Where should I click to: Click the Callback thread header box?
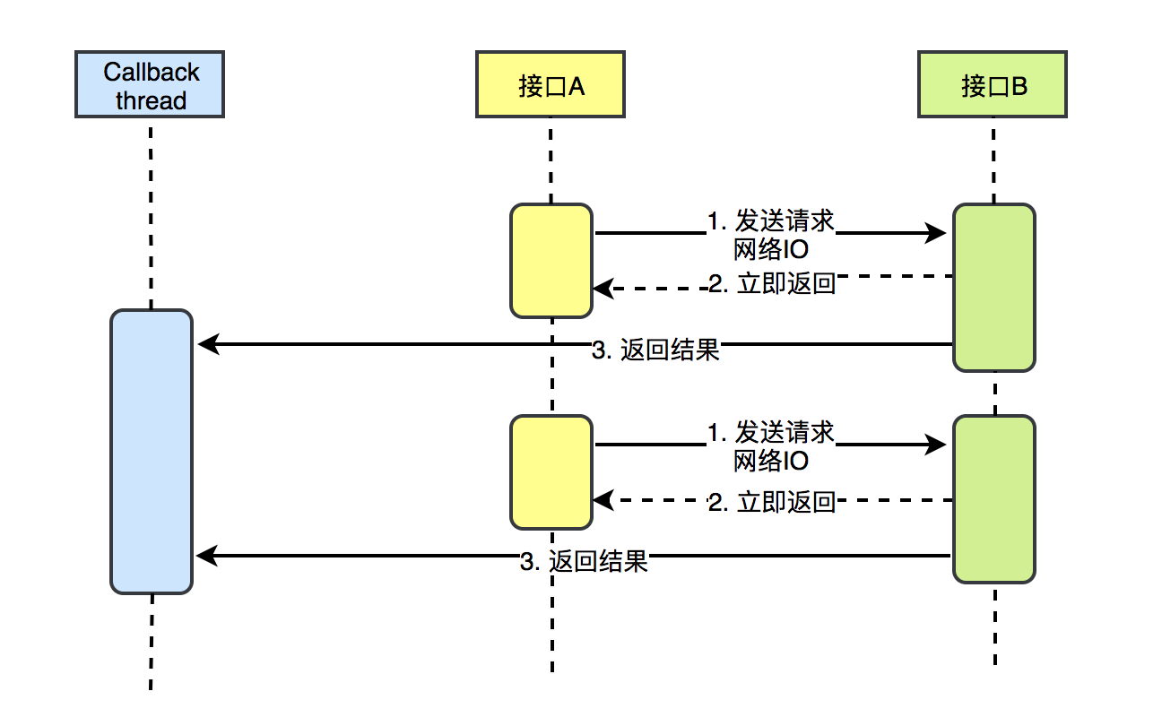point(150,85)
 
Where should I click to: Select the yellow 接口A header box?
point(550,85)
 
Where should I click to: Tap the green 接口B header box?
point(993,85)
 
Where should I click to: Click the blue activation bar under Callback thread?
point(151,451)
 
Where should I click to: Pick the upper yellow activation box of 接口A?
point(551,260)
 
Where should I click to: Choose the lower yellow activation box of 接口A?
point(551,471)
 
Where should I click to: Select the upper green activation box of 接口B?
point(993,287)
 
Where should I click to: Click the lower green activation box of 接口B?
point(993,498)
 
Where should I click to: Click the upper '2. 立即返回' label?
point(772,285)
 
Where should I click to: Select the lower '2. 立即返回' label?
point(772,502)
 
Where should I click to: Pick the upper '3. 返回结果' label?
point(656,350)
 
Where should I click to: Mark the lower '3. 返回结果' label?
point(584,563)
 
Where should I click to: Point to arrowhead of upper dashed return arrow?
point(602,289)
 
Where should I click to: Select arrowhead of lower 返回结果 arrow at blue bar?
point(205,557)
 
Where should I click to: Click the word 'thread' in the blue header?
point(151,100)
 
